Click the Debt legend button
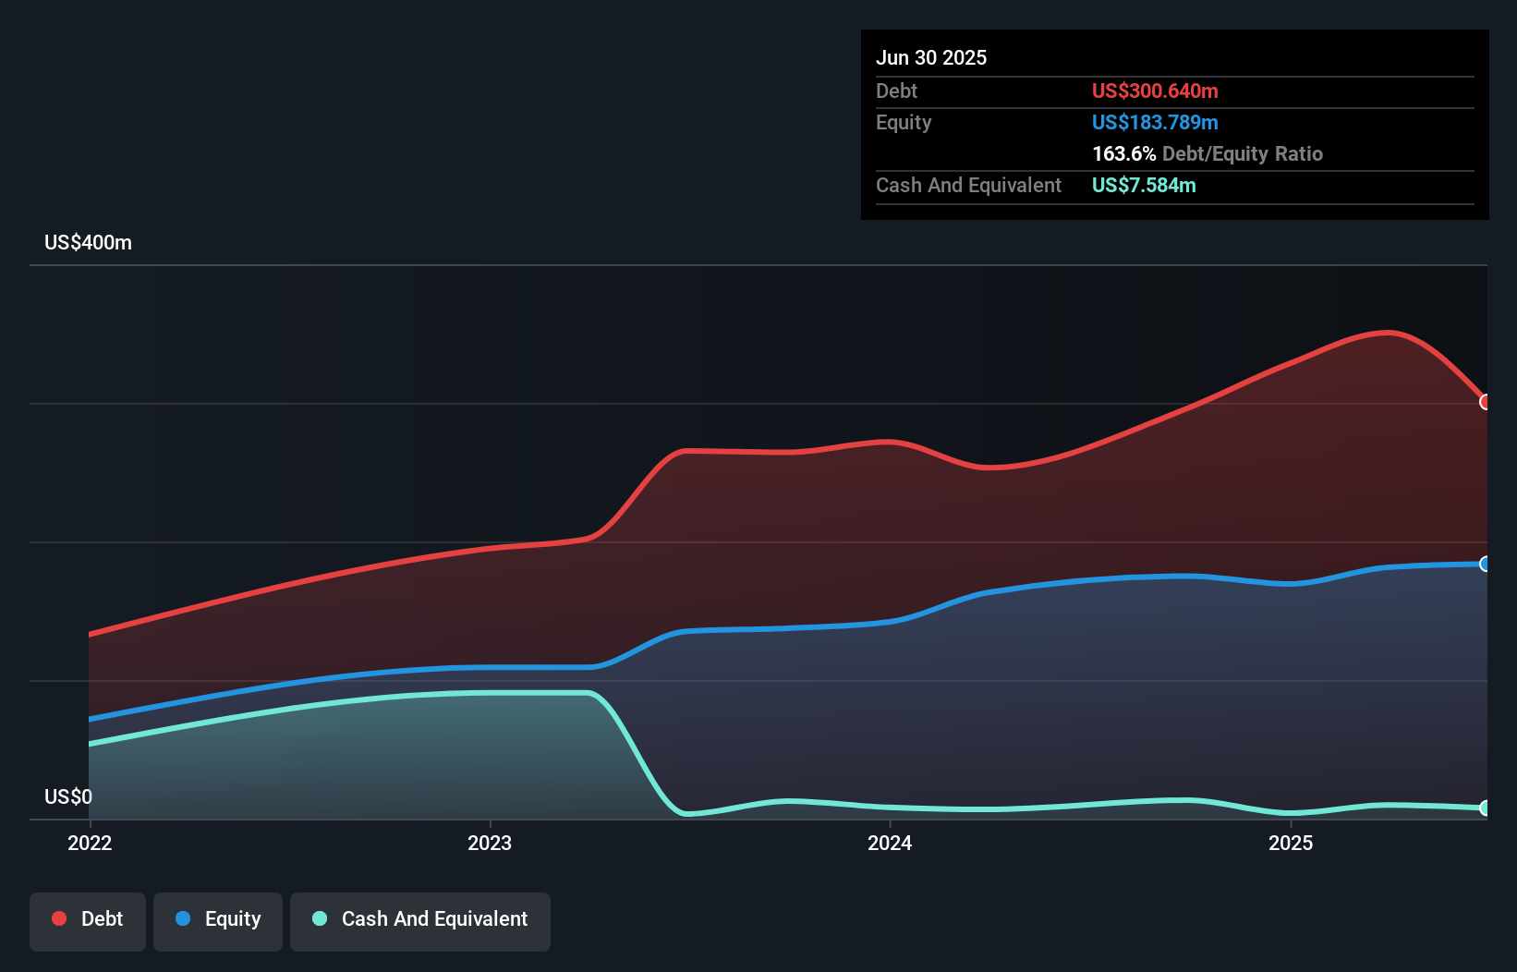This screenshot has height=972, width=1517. [88, 919]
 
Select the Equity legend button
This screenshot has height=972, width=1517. [218, 919]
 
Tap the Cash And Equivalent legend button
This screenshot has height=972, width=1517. [420, 919]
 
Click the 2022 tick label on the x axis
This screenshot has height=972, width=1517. [90, 843]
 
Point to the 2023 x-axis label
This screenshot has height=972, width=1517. [490, 843]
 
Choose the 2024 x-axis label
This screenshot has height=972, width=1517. [890, 843]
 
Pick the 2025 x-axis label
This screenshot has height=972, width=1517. [1291, 843]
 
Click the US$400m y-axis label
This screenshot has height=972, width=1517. [88, 243]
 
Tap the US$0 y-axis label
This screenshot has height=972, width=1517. [68, 796]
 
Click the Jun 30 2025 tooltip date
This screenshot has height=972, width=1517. [931, 57]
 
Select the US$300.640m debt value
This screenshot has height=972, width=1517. [1155, 91]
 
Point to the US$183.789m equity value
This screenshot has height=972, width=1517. [1155, 122]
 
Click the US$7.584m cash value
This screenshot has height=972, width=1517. [1144, 185]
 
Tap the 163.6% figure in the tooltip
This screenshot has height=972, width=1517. [1123, 153]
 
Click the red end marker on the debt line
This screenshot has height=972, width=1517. [1485, 402]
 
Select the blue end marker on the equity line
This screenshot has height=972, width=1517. [1485, 564]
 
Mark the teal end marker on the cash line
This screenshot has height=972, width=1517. [1485, 808]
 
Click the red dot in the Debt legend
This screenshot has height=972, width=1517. [59, 918]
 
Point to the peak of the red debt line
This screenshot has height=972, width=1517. [1386, 332]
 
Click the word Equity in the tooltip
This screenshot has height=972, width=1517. [904, 122]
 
